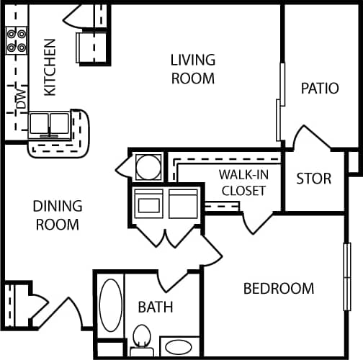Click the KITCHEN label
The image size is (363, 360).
pos(50,66)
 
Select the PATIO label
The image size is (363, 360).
pos(320,89)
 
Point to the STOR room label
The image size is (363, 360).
pos(314,178)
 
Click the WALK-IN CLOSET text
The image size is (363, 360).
pos(243,183)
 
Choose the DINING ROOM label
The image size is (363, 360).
pos(58,215)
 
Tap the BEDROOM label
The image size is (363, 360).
pos(278,289)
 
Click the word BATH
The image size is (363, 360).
pos(156,307)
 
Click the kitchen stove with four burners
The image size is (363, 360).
pos(17,42)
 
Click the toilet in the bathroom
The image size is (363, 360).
pos(141,338)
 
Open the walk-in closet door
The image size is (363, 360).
pos(255,222)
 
